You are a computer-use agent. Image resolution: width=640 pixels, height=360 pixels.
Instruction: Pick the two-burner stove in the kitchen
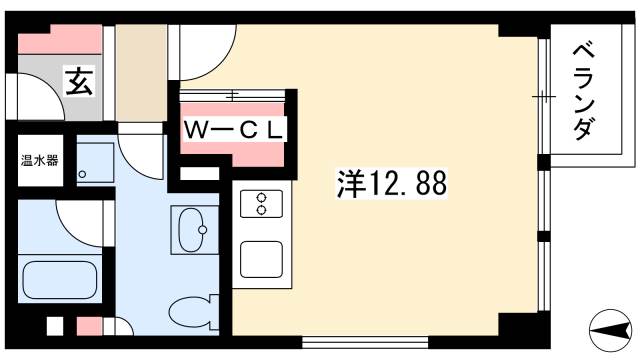tap(261, 203)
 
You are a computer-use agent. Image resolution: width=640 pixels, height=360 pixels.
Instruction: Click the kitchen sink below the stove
tap(261, 259)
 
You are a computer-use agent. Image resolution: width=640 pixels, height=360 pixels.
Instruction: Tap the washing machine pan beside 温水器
tap(95, 162)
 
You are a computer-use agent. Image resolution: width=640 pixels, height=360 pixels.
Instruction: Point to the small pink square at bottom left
tap(88, 326)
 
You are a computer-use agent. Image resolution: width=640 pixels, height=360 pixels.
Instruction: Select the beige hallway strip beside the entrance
tap(139, 75)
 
